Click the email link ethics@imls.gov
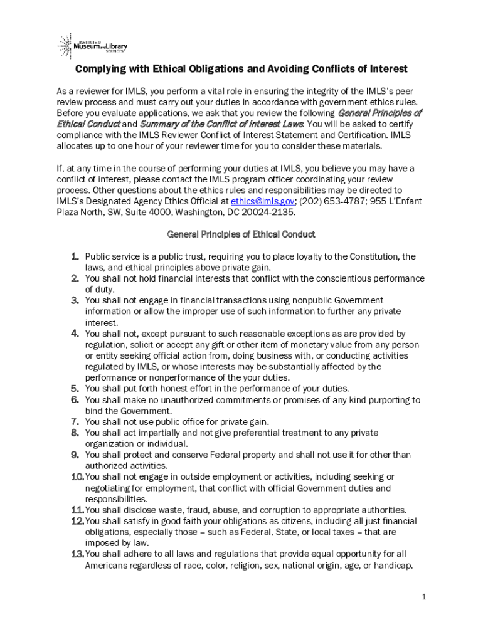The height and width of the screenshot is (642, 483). [262, 201]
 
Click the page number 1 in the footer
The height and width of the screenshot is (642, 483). [424, 597]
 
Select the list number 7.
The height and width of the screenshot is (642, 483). [75, 422]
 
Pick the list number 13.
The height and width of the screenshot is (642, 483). [77, 554]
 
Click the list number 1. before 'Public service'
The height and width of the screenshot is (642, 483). [75, 256]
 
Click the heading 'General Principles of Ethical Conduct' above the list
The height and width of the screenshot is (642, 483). [241, 234]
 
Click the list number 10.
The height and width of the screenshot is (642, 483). [77, 477]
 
